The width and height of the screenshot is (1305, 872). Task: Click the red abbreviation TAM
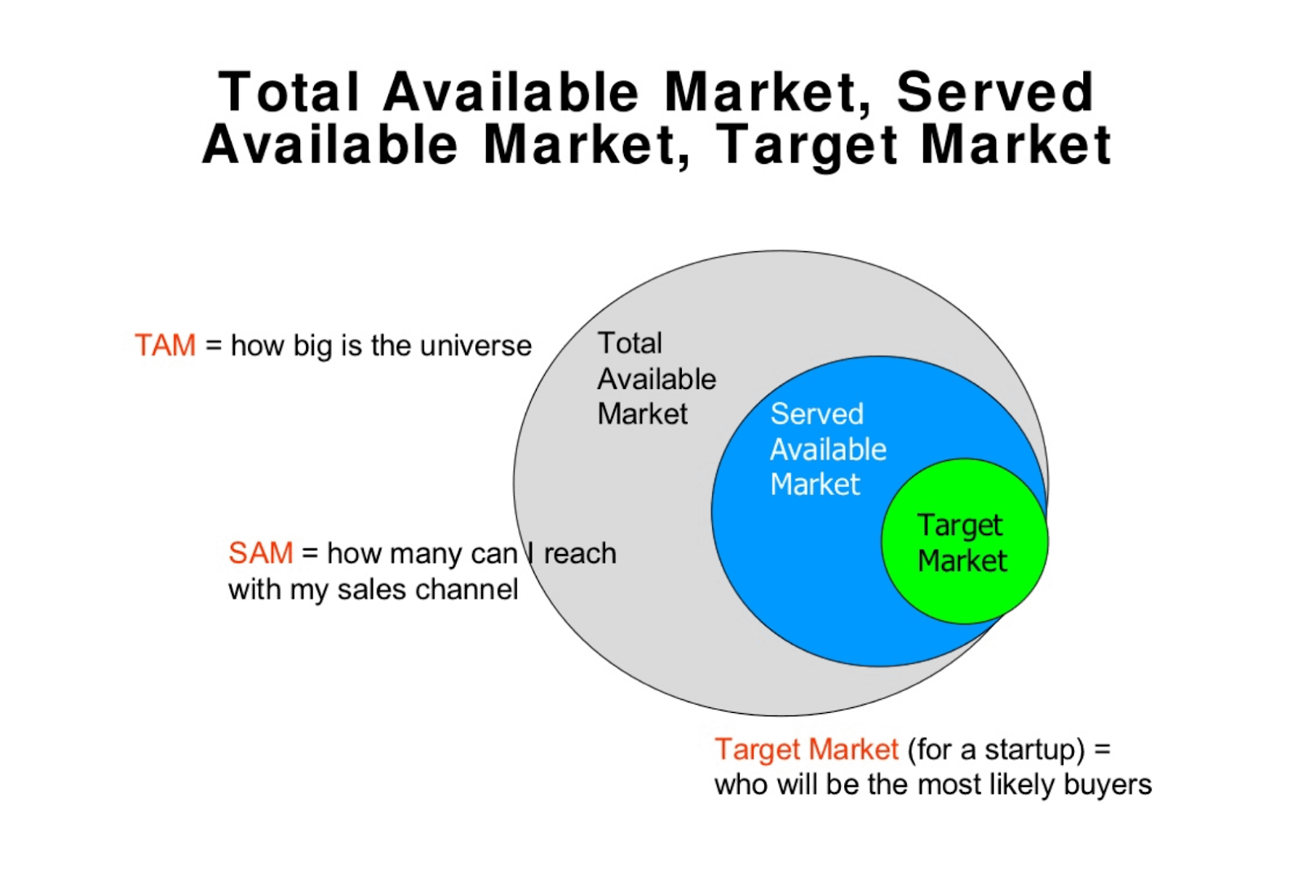point(165,345)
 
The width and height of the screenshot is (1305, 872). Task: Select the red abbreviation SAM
point(260,553)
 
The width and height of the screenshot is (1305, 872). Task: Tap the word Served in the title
point(995,92)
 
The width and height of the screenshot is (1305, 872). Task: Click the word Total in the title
point(289,92)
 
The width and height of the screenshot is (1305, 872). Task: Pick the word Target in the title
point(807,146)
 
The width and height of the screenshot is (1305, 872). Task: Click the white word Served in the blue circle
point(816,414)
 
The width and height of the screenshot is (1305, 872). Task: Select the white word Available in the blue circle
point(828,449)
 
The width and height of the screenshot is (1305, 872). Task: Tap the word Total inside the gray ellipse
point(630,343)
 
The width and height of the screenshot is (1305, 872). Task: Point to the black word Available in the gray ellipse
point(657,379)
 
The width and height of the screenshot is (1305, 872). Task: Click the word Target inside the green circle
point(959,526)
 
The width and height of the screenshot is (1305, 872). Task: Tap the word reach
point(579,553)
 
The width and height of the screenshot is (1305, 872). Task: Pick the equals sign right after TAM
point(213,346)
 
